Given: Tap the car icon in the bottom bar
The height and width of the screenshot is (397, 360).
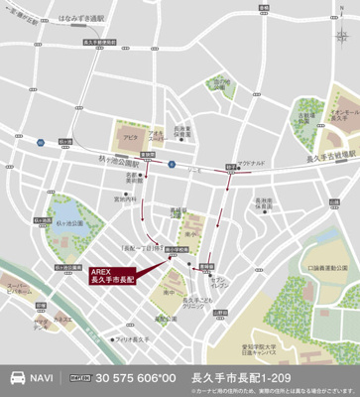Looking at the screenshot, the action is coord(17,378).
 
